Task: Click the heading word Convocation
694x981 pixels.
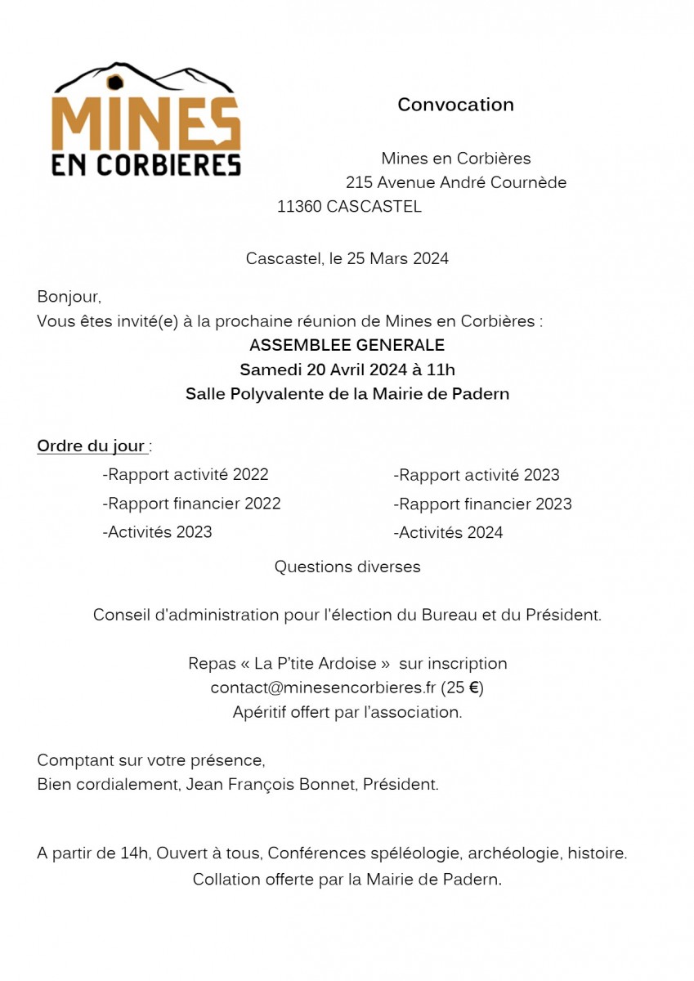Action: (x=455, y=105)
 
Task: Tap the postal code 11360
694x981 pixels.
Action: (x=299, y=207)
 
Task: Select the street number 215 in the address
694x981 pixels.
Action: (x=359, y=182)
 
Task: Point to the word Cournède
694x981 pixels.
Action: (x=528, y=182)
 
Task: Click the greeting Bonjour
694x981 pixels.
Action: (x=69, y=297)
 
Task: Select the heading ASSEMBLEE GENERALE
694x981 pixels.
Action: (x=347, y=345)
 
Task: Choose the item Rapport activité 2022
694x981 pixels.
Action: (x=186, y=474)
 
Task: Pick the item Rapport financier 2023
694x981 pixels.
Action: (x=482, y=504)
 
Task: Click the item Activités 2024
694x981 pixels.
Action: (x=448, y=533)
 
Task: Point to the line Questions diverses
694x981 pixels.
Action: (x=347, y=567)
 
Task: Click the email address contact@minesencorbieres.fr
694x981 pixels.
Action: (x=323, y=688)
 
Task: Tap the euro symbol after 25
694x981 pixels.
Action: (x=473, y=688)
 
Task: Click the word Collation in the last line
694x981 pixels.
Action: (x=226, y=880)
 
